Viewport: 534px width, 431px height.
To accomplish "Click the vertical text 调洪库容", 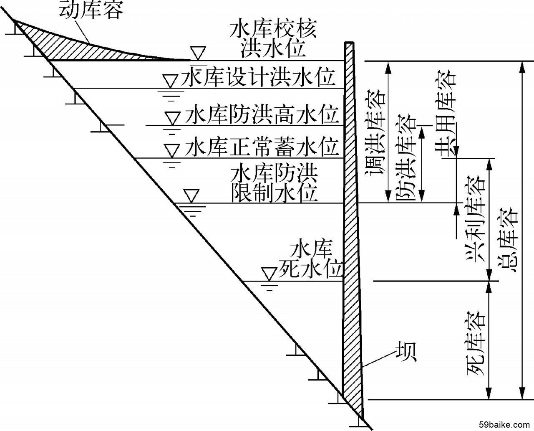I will coord(374,130).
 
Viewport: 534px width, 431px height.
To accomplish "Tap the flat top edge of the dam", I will coord(349,43).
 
